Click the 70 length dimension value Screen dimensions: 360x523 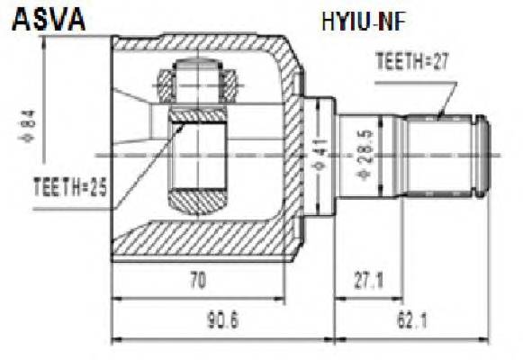(198, 281)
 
